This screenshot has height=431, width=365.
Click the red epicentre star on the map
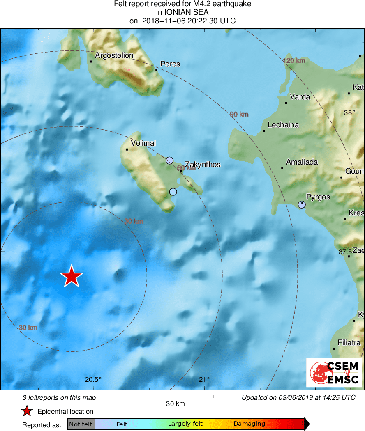pos(72,276)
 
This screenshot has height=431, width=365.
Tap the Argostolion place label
pos(114,55)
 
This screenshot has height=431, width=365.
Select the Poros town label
pos(170,64)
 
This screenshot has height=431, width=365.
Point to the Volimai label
pos(143,143)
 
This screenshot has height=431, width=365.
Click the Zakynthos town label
pos(203,165)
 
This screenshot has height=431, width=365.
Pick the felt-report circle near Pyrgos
pos(302,204)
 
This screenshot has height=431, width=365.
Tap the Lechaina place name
pos(283,125)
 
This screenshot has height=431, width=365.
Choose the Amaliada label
pos(302,162)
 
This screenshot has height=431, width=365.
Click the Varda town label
pos(300,97)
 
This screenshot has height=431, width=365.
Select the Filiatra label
pos(349,343)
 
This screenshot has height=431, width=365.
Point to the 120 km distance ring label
pos(294,61)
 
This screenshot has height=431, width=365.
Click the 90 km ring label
pos(239,114)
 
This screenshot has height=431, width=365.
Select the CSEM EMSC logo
pos(334,372)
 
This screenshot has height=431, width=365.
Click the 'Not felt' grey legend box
pos(81,424)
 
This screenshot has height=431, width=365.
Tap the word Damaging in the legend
pos(249,424)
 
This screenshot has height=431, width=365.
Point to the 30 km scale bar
pos(175,396)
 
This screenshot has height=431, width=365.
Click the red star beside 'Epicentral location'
pos(27,411)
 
